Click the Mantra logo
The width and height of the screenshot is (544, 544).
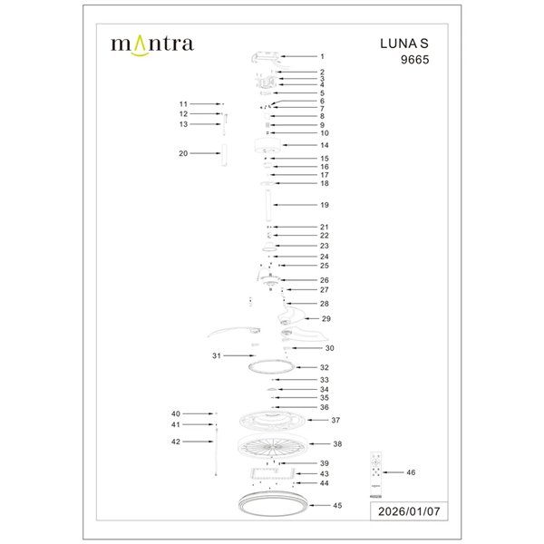151,44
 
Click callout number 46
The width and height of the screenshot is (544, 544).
412,472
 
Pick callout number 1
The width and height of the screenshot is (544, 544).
322,57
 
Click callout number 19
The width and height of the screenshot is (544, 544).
324,206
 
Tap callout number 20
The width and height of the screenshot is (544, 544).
182,154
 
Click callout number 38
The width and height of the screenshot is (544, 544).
336,444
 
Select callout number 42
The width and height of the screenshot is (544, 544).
176,442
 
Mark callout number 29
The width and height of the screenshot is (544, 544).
326,319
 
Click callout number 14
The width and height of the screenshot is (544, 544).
324,145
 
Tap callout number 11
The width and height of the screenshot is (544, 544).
182,104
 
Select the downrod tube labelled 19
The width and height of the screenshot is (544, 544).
268,206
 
